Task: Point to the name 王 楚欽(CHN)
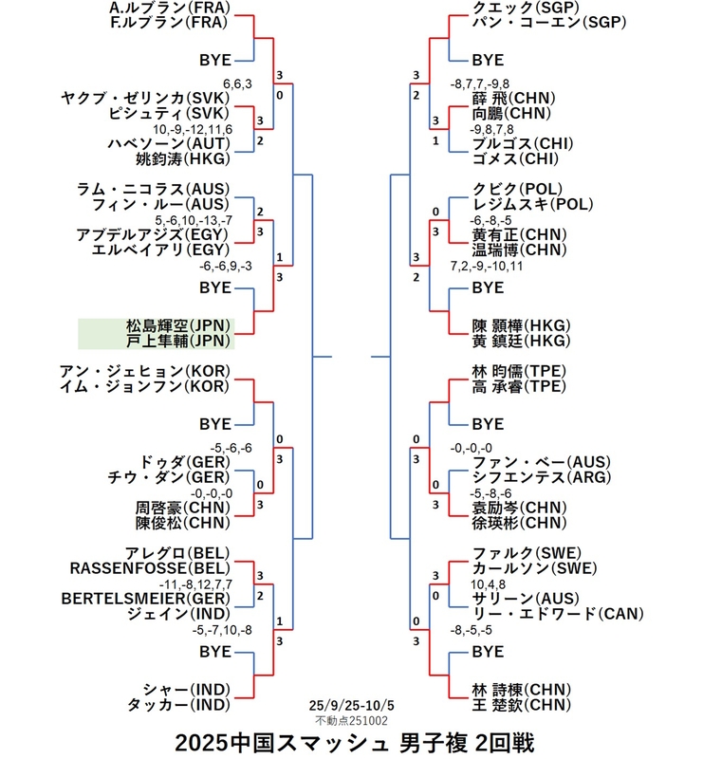tap(520, 705)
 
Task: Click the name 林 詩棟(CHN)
tap(520, 690)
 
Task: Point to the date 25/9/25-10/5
tap(350, 707)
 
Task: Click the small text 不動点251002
tap(350, 721)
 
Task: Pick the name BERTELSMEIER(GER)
tap(145, 599)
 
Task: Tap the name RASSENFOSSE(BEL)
tap(150, 567)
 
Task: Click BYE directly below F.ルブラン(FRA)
tap(215, 60)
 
